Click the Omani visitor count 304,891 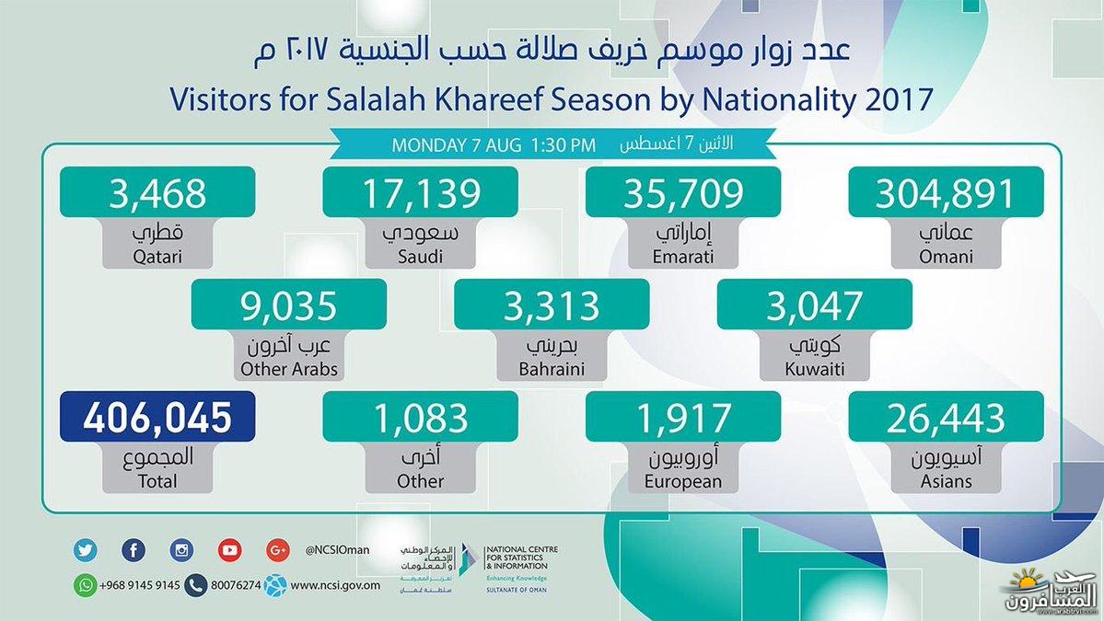tap(946, 192)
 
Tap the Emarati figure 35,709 tap(683, 192)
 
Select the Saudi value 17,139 tap(421, 192)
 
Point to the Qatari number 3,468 tap(157, 192)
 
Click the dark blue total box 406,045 tap(157, 417)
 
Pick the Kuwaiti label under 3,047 tap(815, 369)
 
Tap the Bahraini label tap(552, 369)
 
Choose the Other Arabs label tap(289, 369)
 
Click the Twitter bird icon tap(86, 550)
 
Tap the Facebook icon tap(134, 550)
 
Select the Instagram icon tap(181, 550)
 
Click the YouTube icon tap(229, 550)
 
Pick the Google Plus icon tap(278, 550)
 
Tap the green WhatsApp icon tap(86, 585)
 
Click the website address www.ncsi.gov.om tap(335, 585)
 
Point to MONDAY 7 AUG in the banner tap(457, 145)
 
